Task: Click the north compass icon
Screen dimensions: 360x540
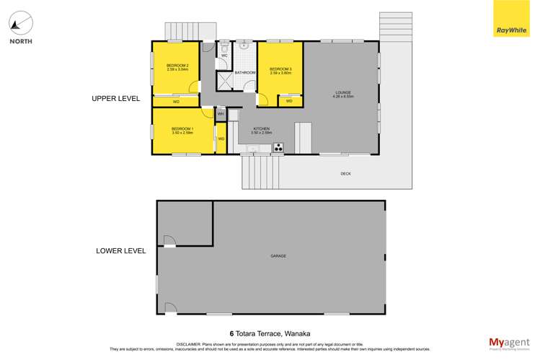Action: click(21, 23)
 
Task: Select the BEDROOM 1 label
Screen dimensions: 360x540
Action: click(182, 131)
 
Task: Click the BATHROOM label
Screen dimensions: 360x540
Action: click(245, 73)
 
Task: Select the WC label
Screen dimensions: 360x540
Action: click(224, 56)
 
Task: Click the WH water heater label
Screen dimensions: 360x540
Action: click(221, 114)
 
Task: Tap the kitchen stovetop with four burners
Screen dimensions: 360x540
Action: click(278, 149)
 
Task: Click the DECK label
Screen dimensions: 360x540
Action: click(347, 174)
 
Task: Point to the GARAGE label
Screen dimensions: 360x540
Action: click(278, 256)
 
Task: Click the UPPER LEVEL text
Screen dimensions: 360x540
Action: click(115, 99)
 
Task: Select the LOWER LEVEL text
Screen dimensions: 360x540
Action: click(121, 251)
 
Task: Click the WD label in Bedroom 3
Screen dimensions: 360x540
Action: click(289, 101)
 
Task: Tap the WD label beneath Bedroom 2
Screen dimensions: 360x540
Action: click(176, 102)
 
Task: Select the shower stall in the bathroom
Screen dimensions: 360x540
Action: click(224, 80)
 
